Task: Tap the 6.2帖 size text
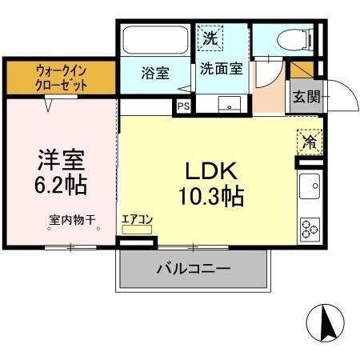click(x=61, y=184)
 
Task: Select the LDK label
click(x=210, y=170)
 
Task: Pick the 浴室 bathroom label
click(x=156, y=73)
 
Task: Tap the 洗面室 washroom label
click(x=221, y=69)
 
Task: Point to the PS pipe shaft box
click(x=183, y=104)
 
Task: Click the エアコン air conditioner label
click(x=137, y=218)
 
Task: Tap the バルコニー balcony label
click(x=193, y=268)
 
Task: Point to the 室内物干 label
click(x=73, y=218)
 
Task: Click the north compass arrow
click(x=326, y=324)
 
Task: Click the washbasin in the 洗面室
click(x=232, y=104)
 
